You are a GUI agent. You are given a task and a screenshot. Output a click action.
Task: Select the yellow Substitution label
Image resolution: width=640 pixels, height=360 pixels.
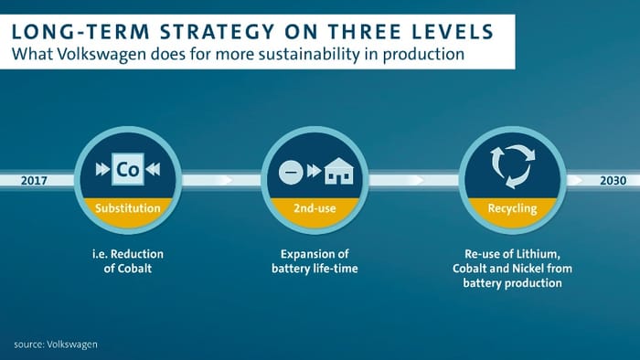tap(128, 208)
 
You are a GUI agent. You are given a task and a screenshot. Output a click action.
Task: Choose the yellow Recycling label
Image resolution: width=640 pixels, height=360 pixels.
tap(512, 208)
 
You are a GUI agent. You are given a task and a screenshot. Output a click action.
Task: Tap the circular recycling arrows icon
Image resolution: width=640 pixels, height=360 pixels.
tap(512, 164)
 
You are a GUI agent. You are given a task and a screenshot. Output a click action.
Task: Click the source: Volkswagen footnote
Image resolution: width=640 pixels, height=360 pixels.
tap(56, 344)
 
